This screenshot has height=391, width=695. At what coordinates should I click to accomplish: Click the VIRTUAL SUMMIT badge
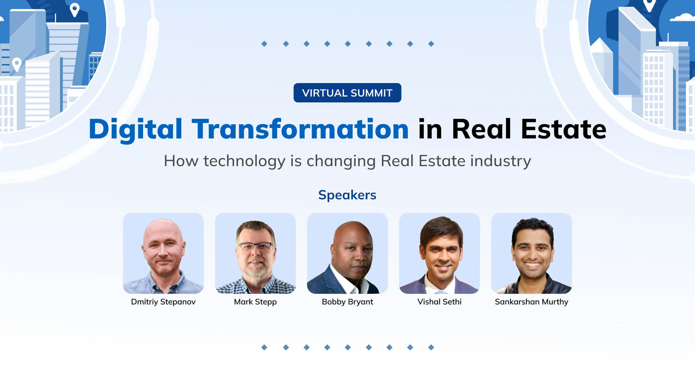coord(347,93)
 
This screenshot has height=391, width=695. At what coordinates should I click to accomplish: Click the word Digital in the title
coord(135,129)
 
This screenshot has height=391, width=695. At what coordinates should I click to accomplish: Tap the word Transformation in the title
coord(300,129)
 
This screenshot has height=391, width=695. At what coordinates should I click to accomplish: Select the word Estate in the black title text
coord(563,129)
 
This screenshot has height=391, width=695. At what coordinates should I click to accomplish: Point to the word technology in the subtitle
coord(244,161)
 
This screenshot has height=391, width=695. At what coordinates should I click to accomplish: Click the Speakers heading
coord(347,195)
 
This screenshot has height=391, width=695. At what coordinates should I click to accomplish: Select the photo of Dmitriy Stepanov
coord(163,253)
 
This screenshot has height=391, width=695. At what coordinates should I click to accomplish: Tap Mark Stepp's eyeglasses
coord(256,246)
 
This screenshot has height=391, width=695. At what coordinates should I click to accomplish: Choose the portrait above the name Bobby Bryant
coord(347,253)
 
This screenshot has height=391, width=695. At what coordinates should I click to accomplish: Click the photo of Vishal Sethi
coord(439,253)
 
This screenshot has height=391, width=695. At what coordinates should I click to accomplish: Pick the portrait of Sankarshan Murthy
coord(531,253)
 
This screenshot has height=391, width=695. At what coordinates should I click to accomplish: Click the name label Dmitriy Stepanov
coord(163,302)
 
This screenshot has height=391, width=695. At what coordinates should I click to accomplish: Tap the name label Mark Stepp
coord(255,302)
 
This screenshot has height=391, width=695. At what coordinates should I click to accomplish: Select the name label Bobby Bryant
coord(347,302)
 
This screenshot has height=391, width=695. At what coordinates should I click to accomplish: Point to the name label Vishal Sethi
coord(439,302)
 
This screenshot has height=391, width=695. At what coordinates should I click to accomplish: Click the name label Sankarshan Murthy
coord(531,302)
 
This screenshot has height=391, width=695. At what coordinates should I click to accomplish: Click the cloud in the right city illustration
coord(683,17)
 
